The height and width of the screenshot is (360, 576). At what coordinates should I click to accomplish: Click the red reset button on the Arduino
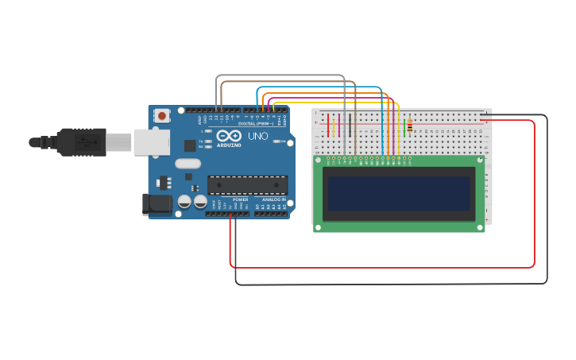[162, 116]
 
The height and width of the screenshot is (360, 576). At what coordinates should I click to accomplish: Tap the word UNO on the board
[259, 136]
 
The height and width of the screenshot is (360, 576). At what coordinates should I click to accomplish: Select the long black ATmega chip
[247, 184]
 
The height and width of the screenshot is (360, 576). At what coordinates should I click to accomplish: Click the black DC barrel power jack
[157, 204]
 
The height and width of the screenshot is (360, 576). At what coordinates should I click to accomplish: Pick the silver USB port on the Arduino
[151, 141]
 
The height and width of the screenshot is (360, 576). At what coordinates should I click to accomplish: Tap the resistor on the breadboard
[409, 126]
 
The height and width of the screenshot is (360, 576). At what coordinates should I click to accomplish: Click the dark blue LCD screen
[399, 193]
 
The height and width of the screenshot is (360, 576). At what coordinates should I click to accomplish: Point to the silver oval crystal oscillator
[187, 164]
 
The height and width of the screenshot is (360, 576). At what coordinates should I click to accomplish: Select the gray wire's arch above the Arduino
[280, 75]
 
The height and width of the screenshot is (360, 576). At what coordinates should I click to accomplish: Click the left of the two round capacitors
[184, 202]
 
